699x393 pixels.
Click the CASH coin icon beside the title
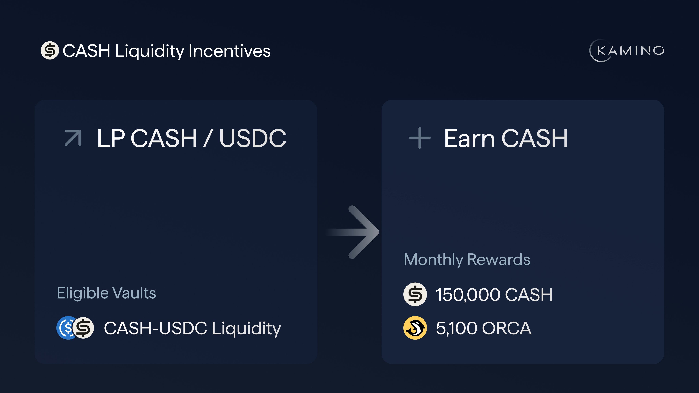pos(50,50)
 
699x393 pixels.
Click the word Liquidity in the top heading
pos(149,51)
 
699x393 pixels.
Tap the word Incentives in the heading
pos(230,51)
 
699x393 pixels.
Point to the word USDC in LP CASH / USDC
pos(253,138)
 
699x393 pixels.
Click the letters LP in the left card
pos(111,138)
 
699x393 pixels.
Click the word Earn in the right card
pos(469,138)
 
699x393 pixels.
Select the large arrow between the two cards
pos(353,232)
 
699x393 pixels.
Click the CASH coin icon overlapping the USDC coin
pos(83,328)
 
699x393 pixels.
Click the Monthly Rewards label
pos(467,260)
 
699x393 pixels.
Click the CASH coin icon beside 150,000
pos(415,295)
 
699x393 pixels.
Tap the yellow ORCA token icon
pos(415,328)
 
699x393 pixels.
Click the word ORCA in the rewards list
pos(507,328)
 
